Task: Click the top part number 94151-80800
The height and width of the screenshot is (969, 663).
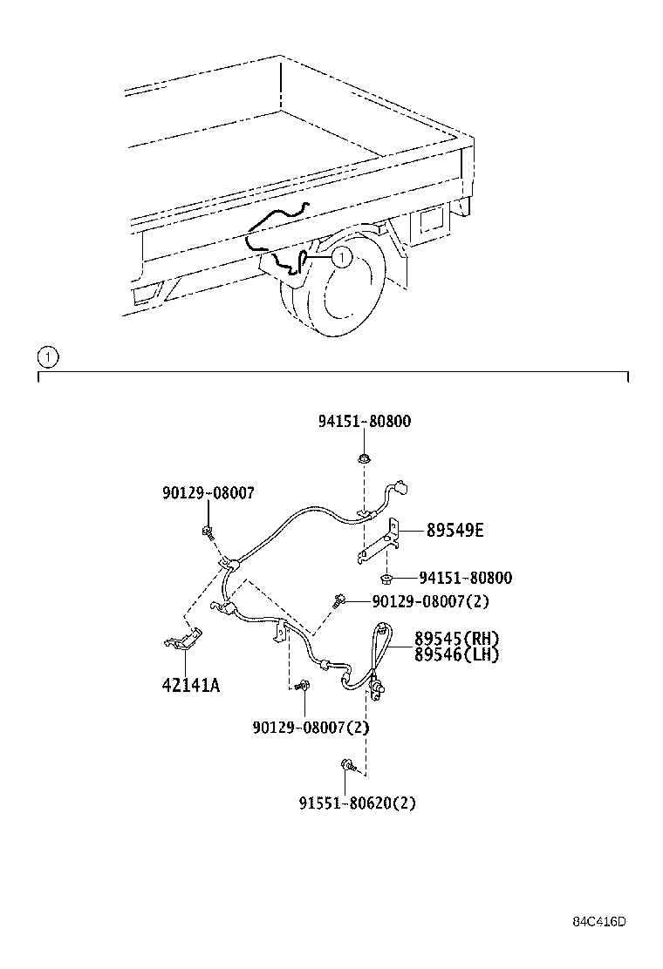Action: pyautogui.click(x=364, y=422)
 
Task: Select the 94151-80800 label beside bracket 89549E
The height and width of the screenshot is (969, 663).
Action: pyautogui.click(x=465, y=578)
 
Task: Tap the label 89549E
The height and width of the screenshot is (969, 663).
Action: pyautogui.click(x=455, y=530)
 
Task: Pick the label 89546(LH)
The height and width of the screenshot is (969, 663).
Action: pyautogui.click(x=456, y=654)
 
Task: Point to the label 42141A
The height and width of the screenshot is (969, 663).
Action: pyautogui.click(x=190, y=685)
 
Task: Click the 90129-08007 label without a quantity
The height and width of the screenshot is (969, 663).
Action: pyautogui.click(x=208, y=492)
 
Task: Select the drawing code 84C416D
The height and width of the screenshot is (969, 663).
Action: pyautogui.click(x=600, y=922)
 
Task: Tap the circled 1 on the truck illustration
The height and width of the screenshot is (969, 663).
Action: pyautogui.click(x=341, y=256)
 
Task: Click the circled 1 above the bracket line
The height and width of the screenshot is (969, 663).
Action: pyautogui.click(x=47, y=356)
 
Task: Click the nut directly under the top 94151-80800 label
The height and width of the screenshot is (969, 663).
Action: pyautogui.click(x=365, y=458)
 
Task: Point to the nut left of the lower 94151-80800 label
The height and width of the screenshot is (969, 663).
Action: pyautogui.click(x=386, y=577)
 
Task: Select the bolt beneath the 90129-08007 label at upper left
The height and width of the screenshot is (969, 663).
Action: pyautogui.click(x=208, y=531)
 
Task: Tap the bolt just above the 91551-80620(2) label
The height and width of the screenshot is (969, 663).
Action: pyautogui.click(x=346, y=765)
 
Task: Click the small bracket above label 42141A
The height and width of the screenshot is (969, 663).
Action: pyautogui.click(x=183, y=639)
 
